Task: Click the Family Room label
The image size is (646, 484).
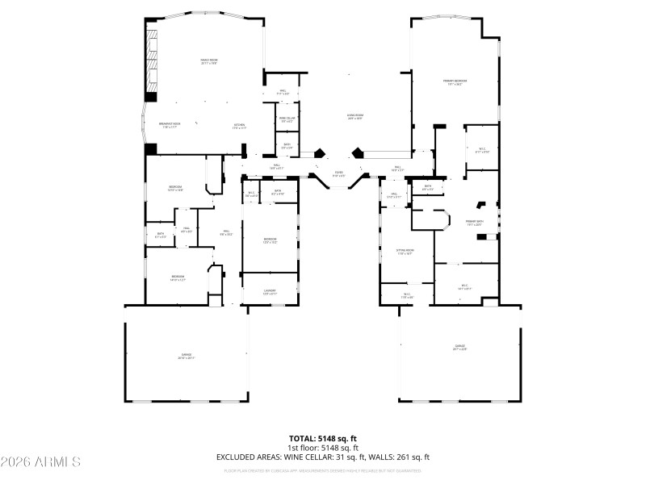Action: point(209,60)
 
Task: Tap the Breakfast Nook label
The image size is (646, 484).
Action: point(169,125)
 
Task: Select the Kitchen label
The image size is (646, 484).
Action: point(239,125)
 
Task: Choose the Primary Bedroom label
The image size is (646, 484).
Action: point(455,81)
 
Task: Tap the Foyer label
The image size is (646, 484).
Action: point(339,174)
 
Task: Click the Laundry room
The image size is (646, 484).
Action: point(271,293)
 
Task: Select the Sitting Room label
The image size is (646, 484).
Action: point(405,252)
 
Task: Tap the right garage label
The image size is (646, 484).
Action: point(459,347)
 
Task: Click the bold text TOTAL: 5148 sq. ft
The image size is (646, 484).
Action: point(323,439)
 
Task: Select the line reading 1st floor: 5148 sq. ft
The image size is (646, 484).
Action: point(323,448)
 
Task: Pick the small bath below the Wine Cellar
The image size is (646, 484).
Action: point(287,146)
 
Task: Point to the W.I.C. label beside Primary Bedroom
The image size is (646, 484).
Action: point(481,148)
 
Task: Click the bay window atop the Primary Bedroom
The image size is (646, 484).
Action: point(455,15)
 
